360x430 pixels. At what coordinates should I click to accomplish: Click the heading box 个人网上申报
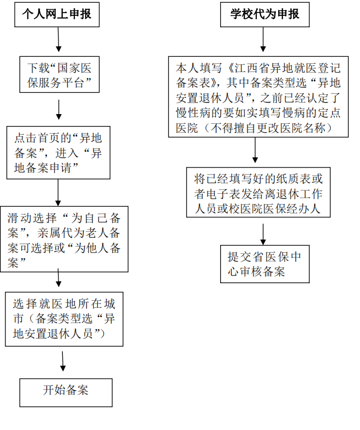click(x=57, y=15)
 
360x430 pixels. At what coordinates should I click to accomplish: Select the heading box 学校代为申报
click(x=264, y=15)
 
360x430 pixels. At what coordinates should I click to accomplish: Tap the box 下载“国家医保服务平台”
click(x=59, y=76)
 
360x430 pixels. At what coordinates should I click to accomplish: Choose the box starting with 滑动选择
click(x=64, y=238)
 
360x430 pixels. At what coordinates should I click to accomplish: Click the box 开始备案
click(x=66, y=391)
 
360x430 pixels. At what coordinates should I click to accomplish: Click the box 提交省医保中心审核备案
click(x=264, y=263)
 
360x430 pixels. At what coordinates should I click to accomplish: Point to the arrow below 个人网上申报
click(x=58, y=40)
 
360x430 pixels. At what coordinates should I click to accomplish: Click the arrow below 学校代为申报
click(x=264, y=40)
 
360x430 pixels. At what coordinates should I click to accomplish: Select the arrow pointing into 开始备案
click(x=64, y=362)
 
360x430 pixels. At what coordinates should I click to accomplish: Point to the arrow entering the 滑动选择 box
click(x=58, y=193)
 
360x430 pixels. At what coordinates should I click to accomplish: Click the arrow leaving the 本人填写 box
click(x=255, y=150)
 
